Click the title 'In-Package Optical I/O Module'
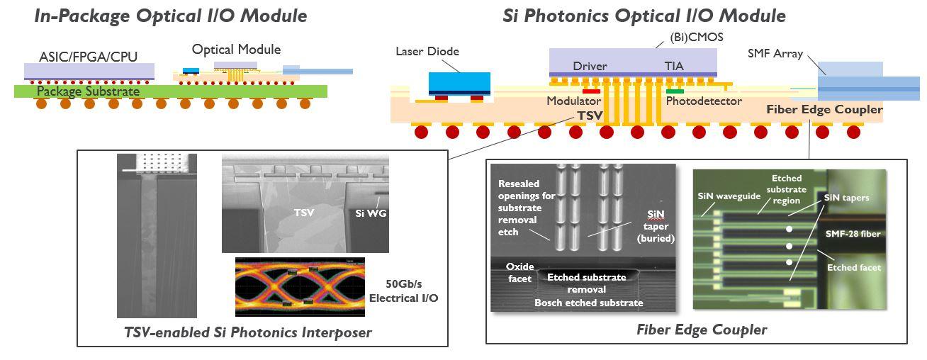(x=170, y=16)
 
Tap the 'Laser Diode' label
(x=427, y=52)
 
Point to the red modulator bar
(x=591, y=91)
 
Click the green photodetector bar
(x=675, y=91)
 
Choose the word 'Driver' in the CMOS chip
(x=590, y=67)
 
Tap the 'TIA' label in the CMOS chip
(x=675, y=67)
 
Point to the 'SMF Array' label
(x=775, y=54)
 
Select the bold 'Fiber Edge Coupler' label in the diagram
(x=824, y=110)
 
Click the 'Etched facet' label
(x=854, y=268)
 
